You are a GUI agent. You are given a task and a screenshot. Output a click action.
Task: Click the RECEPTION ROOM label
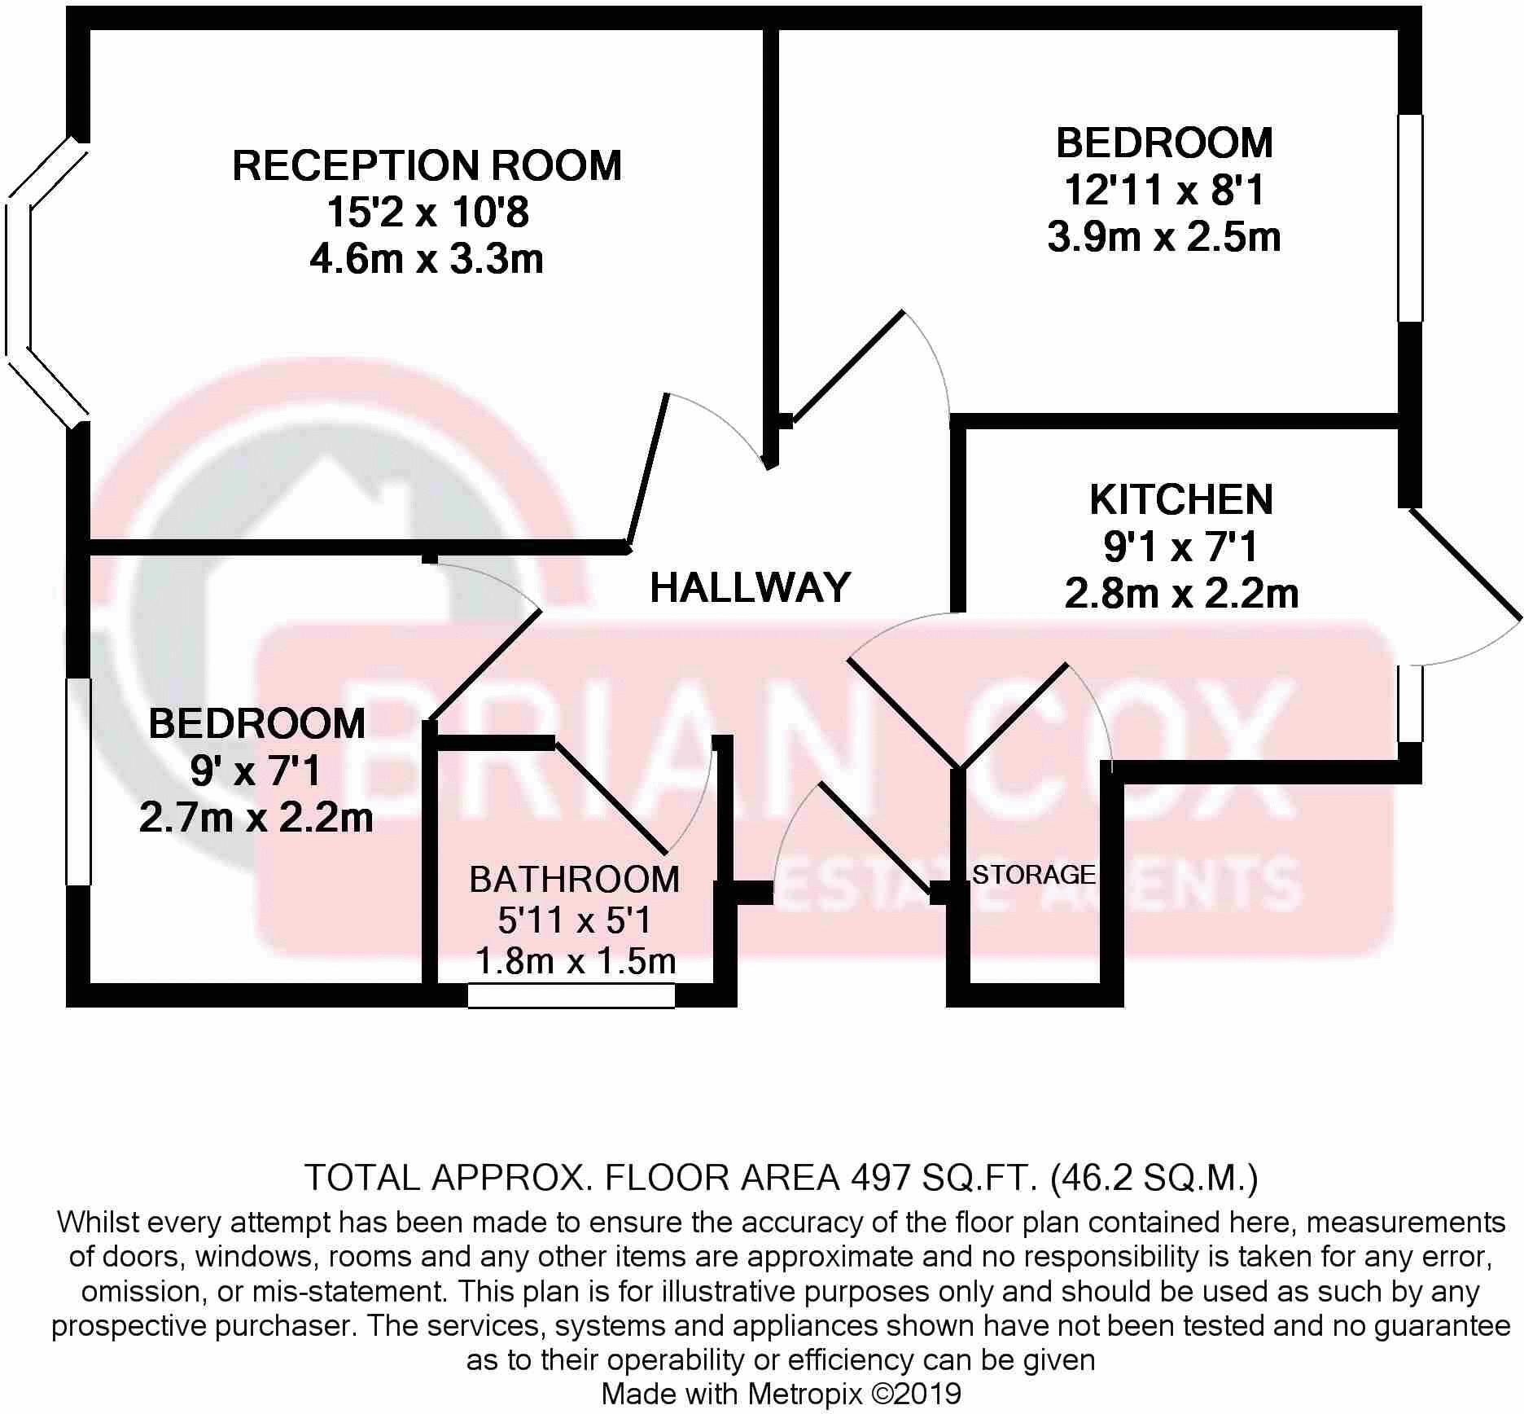[x=427, y=165]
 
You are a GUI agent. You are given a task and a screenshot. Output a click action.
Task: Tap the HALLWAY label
[x=750, y=587]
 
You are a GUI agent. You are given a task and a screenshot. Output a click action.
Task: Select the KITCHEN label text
[x=1180, y=500]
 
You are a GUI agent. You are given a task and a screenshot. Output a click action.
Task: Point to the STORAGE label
[x=1033, y=875]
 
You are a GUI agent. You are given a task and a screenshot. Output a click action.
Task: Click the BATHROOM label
[x=574, y=880]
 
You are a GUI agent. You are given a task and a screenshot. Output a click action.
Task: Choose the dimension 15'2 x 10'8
[x=427, y=213]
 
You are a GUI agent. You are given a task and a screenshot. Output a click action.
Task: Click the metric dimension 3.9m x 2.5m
[x=1164, y=238]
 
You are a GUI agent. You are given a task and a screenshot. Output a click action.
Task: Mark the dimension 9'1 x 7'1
[x=1180, y=547]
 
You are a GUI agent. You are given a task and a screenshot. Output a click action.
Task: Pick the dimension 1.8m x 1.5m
[x=575, y=962]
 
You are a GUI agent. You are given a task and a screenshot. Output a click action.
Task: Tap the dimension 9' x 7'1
[x=256, y=771]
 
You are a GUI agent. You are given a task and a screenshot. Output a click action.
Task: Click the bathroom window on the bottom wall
[x=571, y=995]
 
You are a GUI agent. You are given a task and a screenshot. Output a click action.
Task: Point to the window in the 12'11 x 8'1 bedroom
[x=1410, y=217]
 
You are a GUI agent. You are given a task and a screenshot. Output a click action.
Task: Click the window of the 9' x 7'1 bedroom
[x=79, y=780]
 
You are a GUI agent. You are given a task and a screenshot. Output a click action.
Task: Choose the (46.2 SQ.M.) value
[x=1154, y=1179]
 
